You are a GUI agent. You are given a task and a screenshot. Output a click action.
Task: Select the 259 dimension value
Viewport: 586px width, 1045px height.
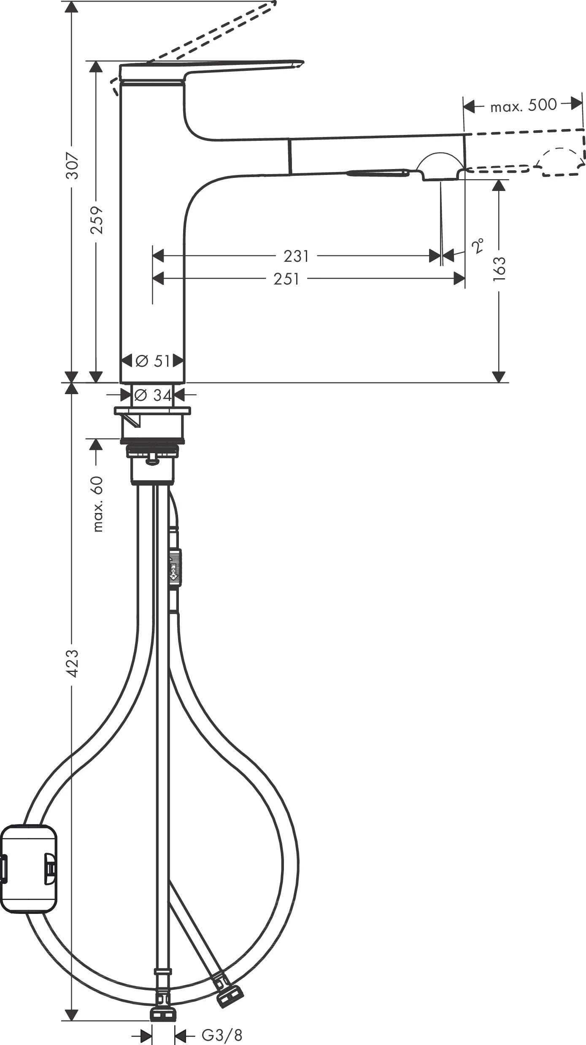click(97, 220)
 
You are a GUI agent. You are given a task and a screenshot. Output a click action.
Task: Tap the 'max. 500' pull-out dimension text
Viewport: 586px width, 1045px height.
click(523, 105)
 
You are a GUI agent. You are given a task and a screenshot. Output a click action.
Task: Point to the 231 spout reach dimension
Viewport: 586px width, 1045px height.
click(296, 256)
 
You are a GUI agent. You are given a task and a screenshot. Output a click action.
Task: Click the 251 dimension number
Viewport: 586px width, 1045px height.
click(286, 279)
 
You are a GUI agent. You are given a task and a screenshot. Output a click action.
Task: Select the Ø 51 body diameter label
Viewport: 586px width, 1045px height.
click(153, 361)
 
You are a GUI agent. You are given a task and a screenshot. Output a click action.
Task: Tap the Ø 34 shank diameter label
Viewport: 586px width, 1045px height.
click(153, 395)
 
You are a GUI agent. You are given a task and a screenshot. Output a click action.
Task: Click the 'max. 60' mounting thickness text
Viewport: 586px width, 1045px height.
click(97, 504)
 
